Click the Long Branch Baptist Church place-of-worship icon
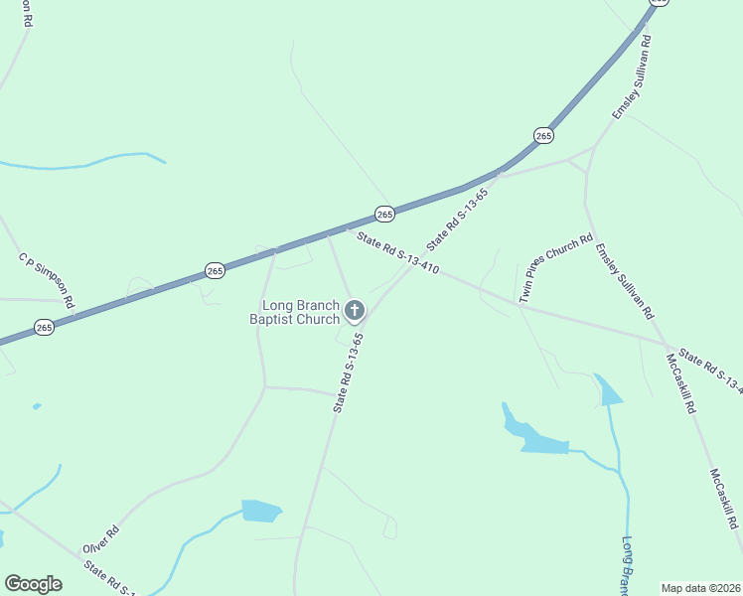click(354, 312)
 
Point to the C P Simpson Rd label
click(47, 280)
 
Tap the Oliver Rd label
click(101, 541)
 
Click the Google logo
click(33, 584)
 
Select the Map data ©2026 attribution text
click(699, 588)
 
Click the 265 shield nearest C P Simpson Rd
click(44, 327)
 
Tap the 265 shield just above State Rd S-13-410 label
click(384, 214)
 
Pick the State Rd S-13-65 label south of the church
click(348, 372)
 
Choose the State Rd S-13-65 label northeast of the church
click(458, 219)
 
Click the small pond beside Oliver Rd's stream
click(261, 511)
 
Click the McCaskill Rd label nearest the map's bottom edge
click(724, 499)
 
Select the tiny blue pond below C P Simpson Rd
click(37, 406)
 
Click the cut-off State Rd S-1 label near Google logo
click(109, 580)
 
